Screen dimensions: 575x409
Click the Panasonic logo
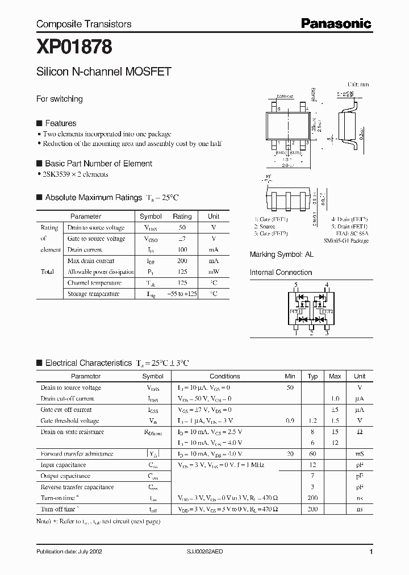point(336,23)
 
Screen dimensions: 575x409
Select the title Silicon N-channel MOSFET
point(104,73)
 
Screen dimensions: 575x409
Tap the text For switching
point(60,99)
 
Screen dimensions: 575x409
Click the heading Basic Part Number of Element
point(98,164)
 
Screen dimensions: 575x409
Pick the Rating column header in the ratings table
point(182,216)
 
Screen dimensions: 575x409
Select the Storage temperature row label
point(93,294)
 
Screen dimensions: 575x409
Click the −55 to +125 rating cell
point(182,294)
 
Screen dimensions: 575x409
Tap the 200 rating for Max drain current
point(182,261)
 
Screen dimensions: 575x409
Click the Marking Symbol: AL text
point(281,255)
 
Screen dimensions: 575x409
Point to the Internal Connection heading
point(281,273)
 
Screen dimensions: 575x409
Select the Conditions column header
point(225,376)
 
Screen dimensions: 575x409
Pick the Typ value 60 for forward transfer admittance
point(312,453)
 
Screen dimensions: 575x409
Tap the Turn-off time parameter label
point(60,509)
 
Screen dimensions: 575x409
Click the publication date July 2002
point(69,552)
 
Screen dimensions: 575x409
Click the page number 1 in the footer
point(371,552)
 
